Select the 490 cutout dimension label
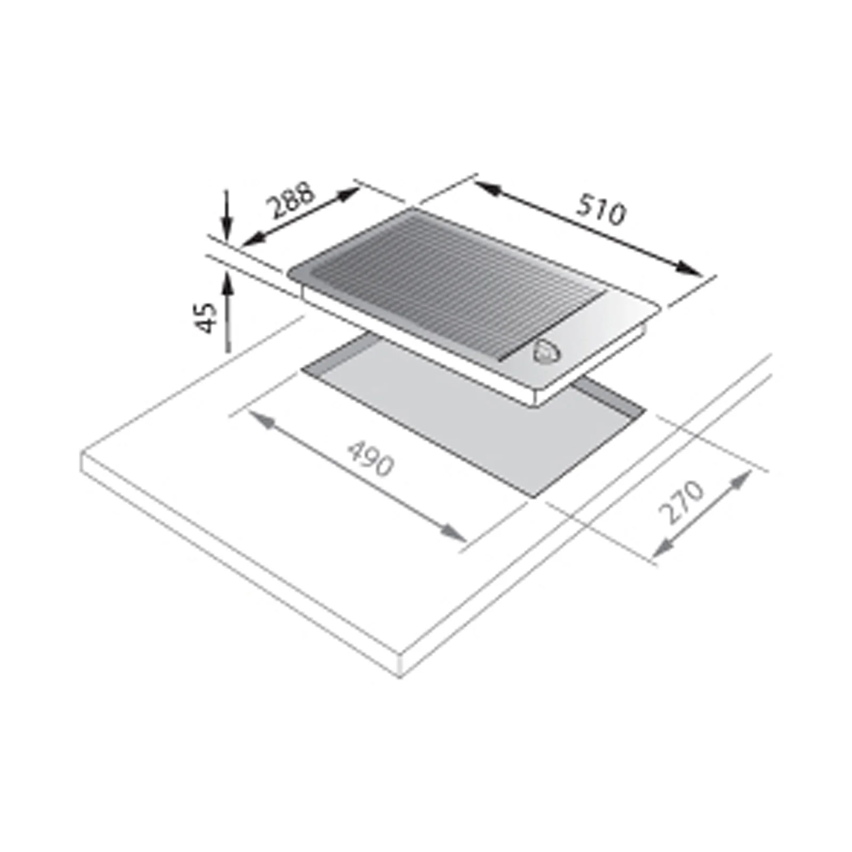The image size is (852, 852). click(x=371, y=457)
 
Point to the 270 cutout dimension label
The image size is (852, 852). click(x=681, y=502)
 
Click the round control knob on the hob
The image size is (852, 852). click(x=546, y=351)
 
